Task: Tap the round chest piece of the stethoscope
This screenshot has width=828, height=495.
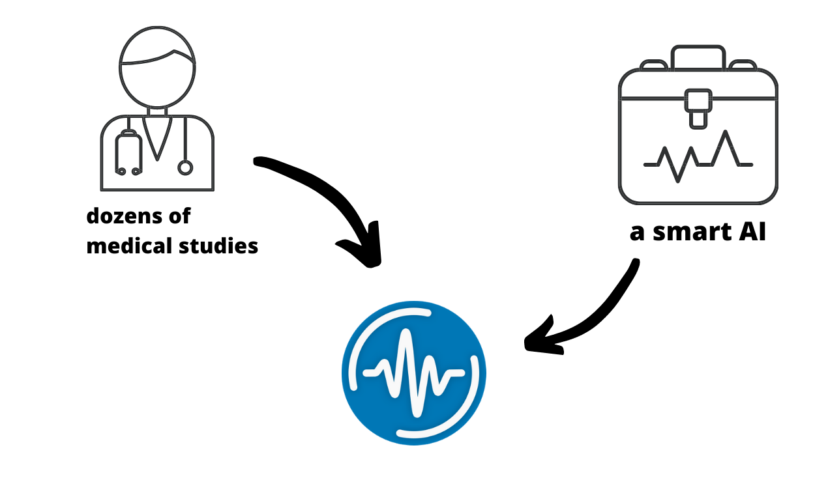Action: point(185,168)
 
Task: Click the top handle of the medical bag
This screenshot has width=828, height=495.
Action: point(698,57)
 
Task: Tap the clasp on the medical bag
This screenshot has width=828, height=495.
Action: point(698,107)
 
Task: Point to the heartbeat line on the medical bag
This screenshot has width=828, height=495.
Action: point(698,156)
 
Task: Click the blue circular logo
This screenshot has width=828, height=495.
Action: point(414,373)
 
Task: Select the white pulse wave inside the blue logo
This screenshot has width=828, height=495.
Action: point(414,373)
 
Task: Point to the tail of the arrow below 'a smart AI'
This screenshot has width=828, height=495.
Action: point(632,266)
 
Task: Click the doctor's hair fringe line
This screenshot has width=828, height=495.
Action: point(157,60)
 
